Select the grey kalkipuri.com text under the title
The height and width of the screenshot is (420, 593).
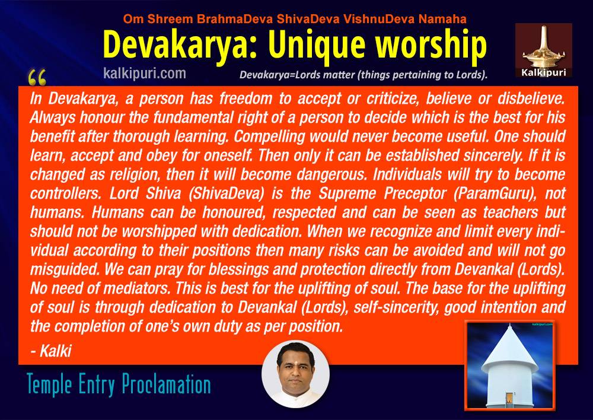click(x=145, y=73)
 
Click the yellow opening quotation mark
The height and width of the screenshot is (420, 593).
click(x=37, y=78)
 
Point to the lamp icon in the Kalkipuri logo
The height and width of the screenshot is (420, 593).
click(x=543, y=46)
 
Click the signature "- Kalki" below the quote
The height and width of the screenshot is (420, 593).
click(x=50, y=351)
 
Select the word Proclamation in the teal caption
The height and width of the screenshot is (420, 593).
click(x=166, y=385)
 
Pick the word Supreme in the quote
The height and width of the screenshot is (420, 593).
click(x=347, y=194)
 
